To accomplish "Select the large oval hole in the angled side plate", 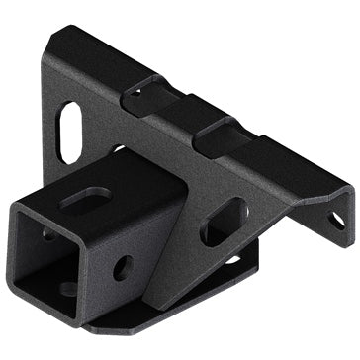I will (225, 222).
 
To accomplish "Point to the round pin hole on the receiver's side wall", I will (124, 267).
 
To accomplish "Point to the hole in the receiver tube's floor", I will (67, 288).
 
